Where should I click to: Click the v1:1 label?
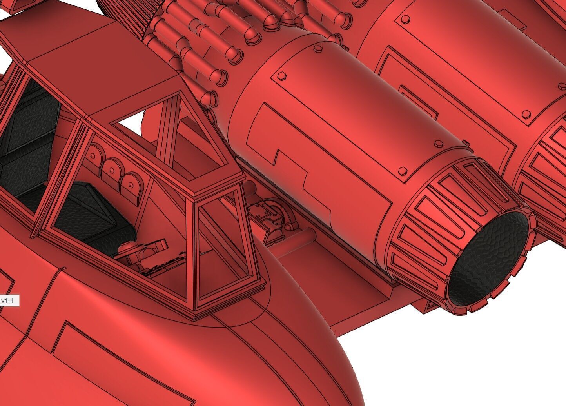9,301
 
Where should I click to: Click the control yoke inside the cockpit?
143,251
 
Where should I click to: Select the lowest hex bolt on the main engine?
402,171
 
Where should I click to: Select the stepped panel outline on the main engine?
314,165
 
